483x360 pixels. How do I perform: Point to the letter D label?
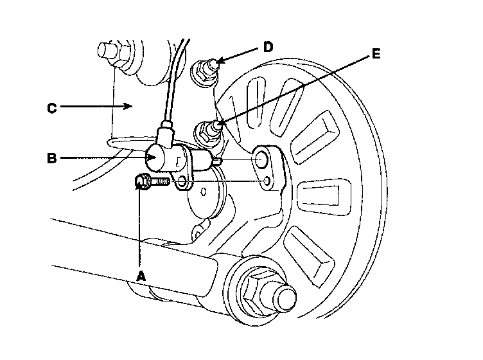pos(267,46)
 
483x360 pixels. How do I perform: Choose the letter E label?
pos(376,54)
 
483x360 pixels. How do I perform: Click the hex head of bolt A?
pos(143,183)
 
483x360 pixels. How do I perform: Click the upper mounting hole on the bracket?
pos(262,158)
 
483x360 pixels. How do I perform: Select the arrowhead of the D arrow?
pos(218,61)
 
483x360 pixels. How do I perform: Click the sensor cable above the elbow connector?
pos(170,90)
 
